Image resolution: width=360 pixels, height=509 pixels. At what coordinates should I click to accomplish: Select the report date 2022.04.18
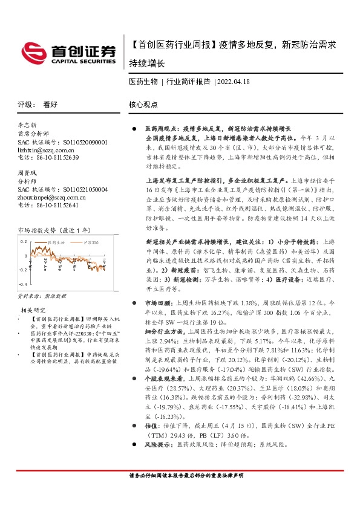[x=234, y=82]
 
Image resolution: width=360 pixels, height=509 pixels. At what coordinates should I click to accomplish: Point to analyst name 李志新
[x=28, y=126]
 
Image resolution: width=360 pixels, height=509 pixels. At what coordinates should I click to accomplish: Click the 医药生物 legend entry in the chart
[x=56, y=242]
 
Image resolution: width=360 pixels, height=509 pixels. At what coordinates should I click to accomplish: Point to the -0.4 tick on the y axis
[x=23, y=284]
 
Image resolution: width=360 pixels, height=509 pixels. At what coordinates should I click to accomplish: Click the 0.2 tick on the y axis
[x=24, y=241]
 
